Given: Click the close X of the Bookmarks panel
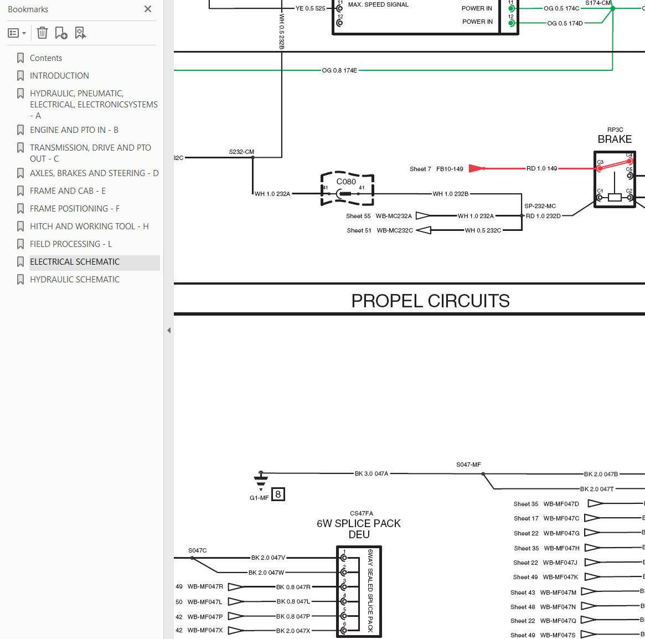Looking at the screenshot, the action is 148,9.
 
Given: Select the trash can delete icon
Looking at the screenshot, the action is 42,33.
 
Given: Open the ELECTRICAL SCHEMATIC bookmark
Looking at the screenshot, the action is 74,262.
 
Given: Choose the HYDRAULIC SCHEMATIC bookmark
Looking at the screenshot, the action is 74,280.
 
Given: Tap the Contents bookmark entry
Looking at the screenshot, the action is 45,58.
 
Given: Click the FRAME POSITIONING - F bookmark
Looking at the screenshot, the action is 74,209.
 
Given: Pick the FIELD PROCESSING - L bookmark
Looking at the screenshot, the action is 71,244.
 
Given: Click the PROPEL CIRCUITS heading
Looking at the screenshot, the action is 430,301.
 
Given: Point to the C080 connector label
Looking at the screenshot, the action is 346,182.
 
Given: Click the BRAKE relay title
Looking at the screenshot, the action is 615,139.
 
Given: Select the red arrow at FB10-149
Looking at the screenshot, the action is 477,168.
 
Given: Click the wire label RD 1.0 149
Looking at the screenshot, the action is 542,168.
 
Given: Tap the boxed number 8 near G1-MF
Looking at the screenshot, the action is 278,494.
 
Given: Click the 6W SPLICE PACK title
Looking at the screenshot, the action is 359,523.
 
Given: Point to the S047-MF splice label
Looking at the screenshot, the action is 468,465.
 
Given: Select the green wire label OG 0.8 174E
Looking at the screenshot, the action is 339,70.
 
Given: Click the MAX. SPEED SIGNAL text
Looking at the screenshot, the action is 379,4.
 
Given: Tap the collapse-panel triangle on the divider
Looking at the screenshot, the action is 169,330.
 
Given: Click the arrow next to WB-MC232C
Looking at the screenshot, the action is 424,230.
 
